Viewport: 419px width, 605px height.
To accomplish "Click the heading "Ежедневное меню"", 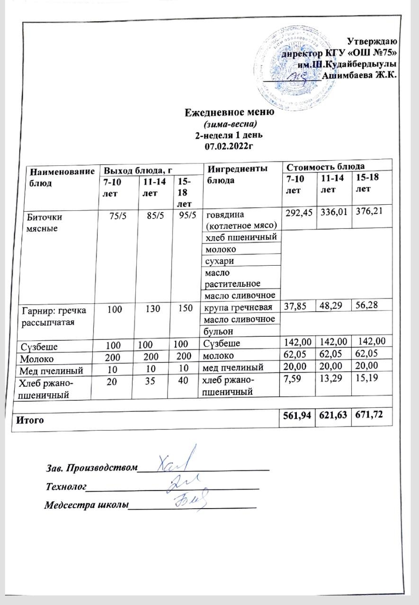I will point(229,112).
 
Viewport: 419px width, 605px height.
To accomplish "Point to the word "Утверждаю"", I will point(374,42).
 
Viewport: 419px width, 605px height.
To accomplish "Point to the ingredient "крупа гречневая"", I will point(237,307).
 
